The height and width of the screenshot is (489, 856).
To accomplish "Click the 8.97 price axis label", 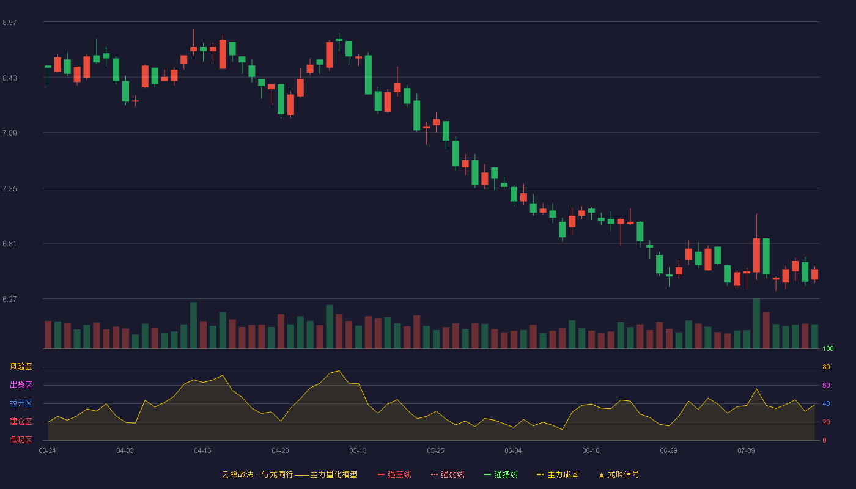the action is point(10,22).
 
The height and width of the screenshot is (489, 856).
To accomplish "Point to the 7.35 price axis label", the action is point(10,189).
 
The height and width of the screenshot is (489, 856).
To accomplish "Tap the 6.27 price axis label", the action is point(10,299).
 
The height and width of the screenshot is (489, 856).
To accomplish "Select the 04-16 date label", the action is point(202,451).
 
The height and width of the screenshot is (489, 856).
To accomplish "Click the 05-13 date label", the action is point(358,451).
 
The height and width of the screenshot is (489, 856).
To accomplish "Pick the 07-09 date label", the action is point(746,451).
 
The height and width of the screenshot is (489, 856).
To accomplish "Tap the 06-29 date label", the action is point(668,451).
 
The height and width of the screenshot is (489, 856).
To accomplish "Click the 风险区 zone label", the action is point(21,367).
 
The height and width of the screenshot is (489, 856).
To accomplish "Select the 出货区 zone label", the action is point(21,384).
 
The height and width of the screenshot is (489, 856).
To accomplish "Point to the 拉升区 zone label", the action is point(21,403).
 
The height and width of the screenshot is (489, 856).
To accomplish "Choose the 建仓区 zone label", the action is point(21,421).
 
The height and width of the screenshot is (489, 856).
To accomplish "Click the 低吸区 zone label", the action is point(21,439).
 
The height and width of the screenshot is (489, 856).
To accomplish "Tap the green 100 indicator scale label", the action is point(828,348).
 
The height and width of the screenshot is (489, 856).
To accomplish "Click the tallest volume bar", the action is point(756,323).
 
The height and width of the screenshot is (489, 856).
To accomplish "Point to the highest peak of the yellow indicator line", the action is point(339,370).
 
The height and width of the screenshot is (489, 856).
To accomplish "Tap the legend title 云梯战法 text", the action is point(237,474).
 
